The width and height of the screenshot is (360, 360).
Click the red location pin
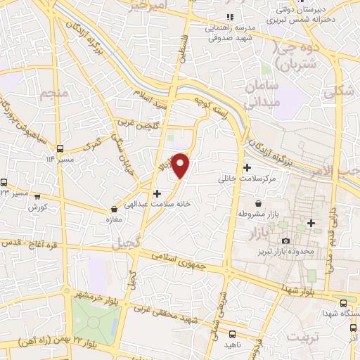pyautogui.click(x=181, y=165)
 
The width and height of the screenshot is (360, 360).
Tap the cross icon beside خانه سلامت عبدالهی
pyautogui.click(x=157, y=193)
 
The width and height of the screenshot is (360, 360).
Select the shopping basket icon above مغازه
pyautogui.click(x=114, y=210)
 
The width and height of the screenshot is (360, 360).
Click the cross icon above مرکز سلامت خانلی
pyautogui.click(x=247, y=168)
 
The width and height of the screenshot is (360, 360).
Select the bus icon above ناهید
pyautogui.click(x=233, y=334)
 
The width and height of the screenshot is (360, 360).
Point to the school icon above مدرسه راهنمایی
pyautogui.click(x=226, y=18)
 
